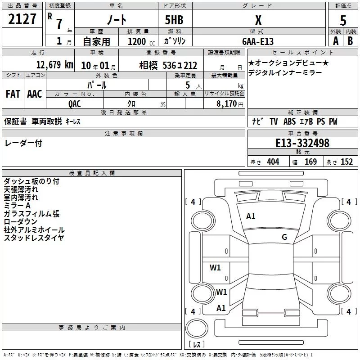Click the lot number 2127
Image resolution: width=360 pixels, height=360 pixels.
22,19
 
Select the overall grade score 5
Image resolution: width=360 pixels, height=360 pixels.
343,20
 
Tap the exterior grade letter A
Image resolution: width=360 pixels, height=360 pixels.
335,40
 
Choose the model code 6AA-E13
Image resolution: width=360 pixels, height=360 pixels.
258,41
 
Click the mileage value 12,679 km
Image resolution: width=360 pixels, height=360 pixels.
54,65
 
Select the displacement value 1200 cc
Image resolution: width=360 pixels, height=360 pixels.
140,41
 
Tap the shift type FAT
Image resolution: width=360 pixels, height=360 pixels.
13,94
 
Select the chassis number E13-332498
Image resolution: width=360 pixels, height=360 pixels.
302,143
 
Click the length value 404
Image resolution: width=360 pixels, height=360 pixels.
273,162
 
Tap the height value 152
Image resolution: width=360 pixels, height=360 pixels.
346,162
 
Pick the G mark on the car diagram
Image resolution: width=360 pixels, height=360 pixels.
284,237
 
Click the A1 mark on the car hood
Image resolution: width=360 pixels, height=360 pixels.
251,216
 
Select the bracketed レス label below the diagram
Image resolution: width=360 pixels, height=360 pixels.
197,345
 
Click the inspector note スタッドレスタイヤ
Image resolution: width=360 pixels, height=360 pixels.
34,238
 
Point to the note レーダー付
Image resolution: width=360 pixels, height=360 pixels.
23,143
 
